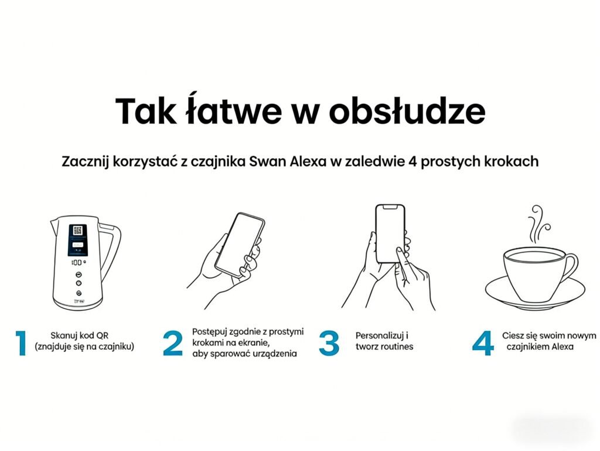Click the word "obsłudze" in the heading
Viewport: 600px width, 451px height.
click(407, 111)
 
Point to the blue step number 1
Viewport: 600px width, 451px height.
click(21, 344)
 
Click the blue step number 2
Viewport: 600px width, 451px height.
click(173, 344)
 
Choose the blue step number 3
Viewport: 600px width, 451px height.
click(329, 344)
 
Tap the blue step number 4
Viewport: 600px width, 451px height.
click(483, 344)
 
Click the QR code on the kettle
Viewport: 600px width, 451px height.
click(78, 230)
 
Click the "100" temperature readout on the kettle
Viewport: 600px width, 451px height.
click(77, 263)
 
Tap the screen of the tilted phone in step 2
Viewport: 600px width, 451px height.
click(240, 243)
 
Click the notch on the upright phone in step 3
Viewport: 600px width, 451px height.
click(390, 207)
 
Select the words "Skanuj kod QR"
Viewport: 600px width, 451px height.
click(80, 336)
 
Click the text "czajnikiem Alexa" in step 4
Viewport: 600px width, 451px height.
click(540, 347)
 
